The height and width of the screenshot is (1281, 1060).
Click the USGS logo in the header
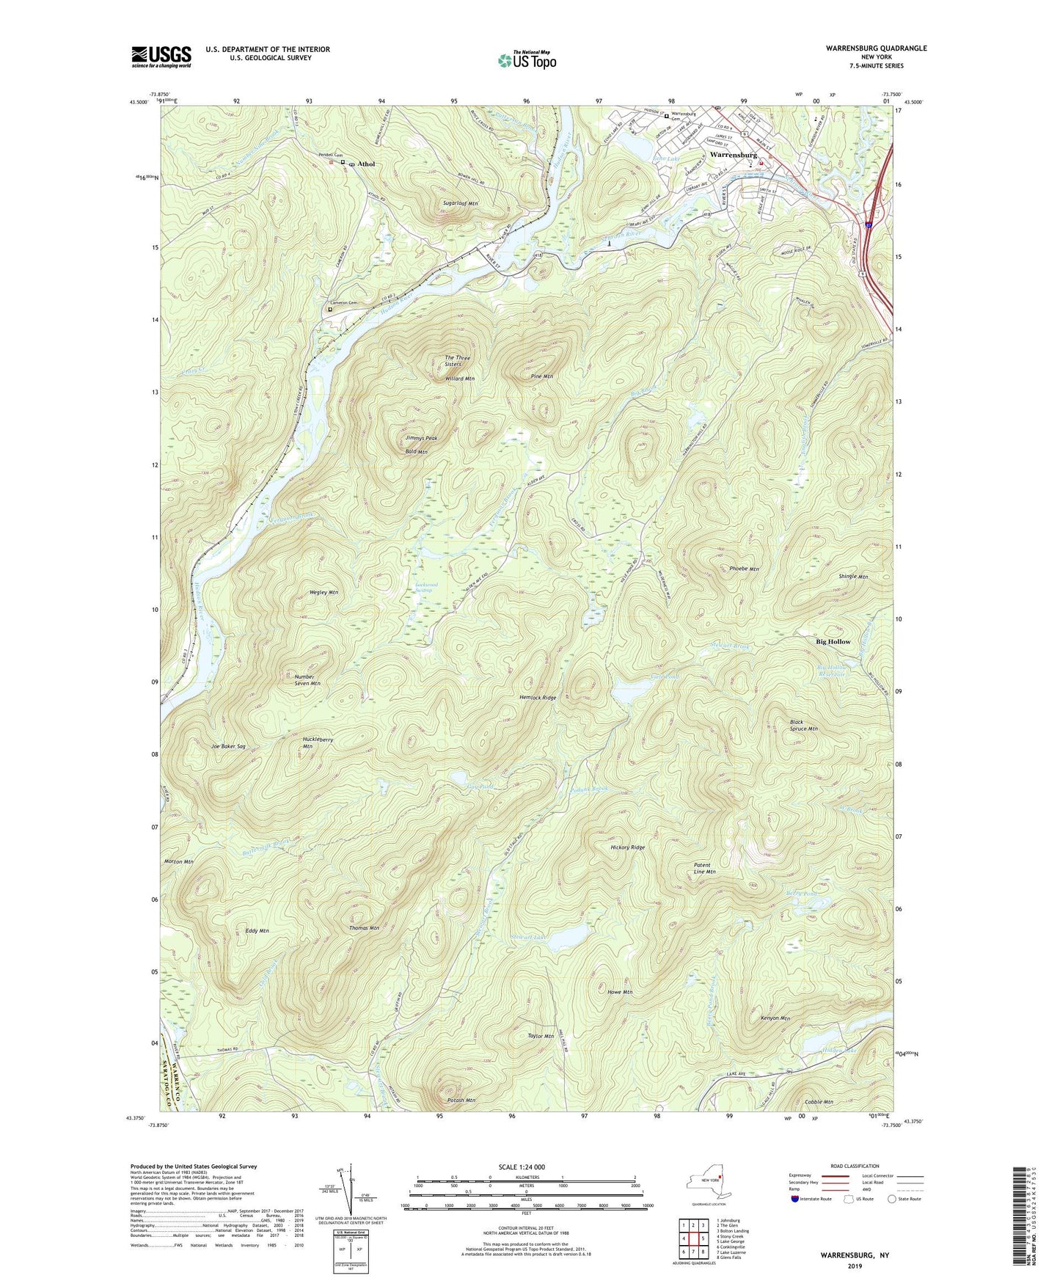161,56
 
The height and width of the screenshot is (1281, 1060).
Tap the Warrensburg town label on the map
733,156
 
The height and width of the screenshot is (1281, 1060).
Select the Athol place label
366,164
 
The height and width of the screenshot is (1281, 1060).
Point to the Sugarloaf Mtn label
461,202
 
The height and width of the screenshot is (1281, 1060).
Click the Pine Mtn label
541,376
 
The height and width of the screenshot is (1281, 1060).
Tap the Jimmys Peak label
421,438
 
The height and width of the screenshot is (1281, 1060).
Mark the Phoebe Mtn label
744,569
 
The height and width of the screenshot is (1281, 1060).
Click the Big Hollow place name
833,641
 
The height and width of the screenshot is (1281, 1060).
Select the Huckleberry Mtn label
318,743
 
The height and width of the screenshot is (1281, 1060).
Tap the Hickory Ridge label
627,847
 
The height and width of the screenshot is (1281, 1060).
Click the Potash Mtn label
461,1101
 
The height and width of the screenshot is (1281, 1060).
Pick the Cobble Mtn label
819,1102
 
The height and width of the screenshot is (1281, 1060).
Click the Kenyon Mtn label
775,1018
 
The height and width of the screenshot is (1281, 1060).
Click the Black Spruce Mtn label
803,726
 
